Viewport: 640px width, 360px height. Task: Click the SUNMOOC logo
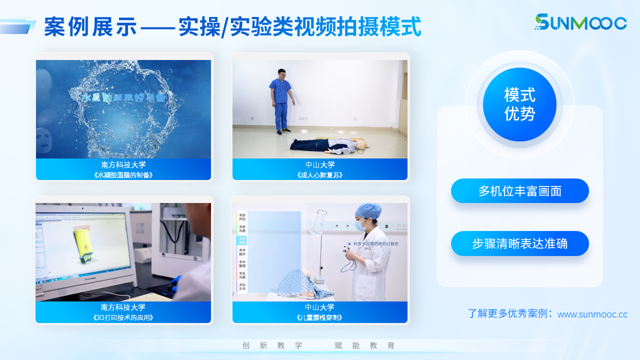click(580, 22)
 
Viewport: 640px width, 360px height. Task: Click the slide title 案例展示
click(90, 27)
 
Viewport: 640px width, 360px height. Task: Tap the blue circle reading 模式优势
click(519, 104)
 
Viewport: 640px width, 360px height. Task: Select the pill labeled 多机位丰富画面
click(519, 191)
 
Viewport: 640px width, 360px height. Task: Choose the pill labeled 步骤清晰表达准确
click(519, 243)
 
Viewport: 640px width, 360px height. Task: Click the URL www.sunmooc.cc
click(592, 314)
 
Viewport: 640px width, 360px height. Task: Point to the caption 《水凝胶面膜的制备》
click(123, 175)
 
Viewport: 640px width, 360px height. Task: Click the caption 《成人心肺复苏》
click(320, 175)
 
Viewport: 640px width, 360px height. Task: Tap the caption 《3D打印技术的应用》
click(123, 317)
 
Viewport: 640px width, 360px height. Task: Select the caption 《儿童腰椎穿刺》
click(320, 317)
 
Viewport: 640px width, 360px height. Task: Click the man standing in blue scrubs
click(281, 100)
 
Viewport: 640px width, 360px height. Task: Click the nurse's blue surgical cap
click(368, 210)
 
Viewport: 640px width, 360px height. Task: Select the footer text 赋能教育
click(364, 345)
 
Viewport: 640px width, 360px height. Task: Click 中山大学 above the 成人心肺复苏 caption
click(320, 164)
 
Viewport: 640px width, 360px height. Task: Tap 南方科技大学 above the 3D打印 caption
click(123, 307)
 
